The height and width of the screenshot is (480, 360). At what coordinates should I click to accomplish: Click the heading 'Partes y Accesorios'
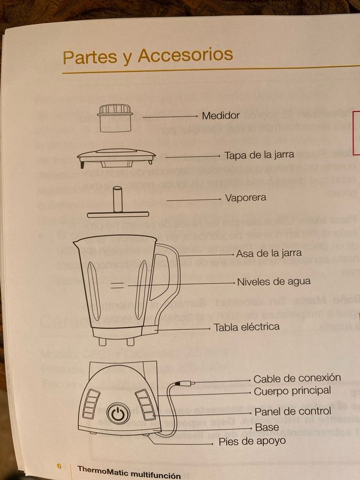coord(147,56)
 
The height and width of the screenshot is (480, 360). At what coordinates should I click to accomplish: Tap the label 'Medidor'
coord(220,116)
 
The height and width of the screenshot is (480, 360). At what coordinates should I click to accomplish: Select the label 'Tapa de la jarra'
coord(259,155)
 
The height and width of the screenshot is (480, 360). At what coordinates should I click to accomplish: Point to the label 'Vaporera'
coord(245,198)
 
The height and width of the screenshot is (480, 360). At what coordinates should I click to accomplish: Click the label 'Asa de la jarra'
coord(269,253)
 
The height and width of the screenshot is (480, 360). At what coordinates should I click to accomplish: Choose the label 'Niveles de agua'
coord(273,281)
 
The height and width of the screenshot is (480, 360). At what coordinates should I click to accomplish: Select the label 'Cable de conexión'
coord(297,379)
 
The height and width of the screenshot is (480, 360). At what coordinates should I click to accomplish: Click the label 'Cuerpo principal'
coord(292,391)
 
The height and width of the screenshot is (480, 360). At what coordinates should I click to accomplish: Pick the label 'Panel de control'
coord(291,412)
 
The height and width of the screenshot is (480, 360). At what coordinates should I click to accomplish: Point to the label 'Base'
coord(267,428)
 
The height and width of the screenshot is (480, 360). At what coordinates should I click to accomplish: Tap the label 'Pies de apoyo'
coord(252,441)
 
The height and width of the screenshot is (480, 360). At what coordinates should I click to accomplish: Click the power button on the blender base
coord(118,414)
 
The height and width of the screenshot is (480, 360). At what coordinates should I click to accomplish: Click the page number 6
coord(58,466)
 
